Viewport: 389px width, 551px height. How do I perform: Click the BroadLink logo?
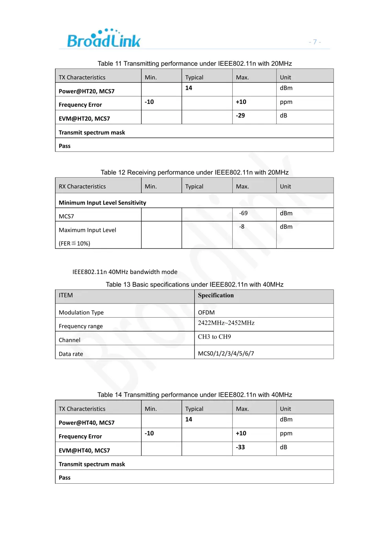[104, 39]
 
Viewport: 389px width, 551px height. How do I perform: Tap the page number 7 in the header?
[315, 42]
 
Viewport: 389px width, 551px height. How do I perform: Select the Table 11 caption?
[194, 64]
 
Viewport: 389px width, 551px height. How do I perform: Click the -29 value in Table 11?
[240, 116]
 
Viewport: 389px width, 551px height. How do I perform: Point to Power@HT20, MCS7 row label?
[86, 91]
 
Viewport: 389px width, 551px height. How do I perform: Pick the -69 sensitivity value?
[243, 213]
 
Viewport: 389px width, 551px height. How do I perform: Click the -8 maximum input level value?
[242, 227]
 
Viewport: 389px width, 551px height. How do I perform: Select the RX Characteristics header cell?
[82, 187]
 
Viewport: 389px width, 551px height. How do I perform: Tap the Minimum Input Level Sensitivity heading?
[102, 203]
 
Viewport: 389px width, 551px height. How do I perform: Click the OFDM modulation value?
[206, 312]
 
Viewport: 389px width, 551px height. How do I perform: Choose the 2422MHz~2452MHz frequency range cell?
[226, 323]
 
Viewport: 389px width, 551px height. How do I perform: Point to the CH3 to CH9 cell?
[214, 337]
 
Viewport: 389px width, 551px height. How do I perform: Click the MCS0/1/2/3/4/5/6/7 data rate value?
[226, 353]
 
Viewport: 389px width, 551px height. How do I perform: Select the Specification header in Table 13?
[216, 296]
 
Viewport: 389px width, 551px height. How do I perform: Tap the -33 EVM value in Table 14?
[240, 447]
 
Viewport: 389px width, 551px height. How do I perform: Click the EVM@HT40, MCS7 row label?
[84, 451]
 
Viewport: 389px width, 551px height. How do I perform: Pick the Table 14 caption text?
[194, 395]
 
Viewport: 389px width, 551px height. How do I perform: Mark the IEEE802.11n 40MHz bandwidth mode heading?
[125, 272]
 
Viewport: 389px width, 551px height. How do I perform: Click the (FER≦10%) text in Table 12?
[74, 244]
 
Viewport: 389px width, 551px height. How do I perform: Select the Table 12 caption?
[194, 172]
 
